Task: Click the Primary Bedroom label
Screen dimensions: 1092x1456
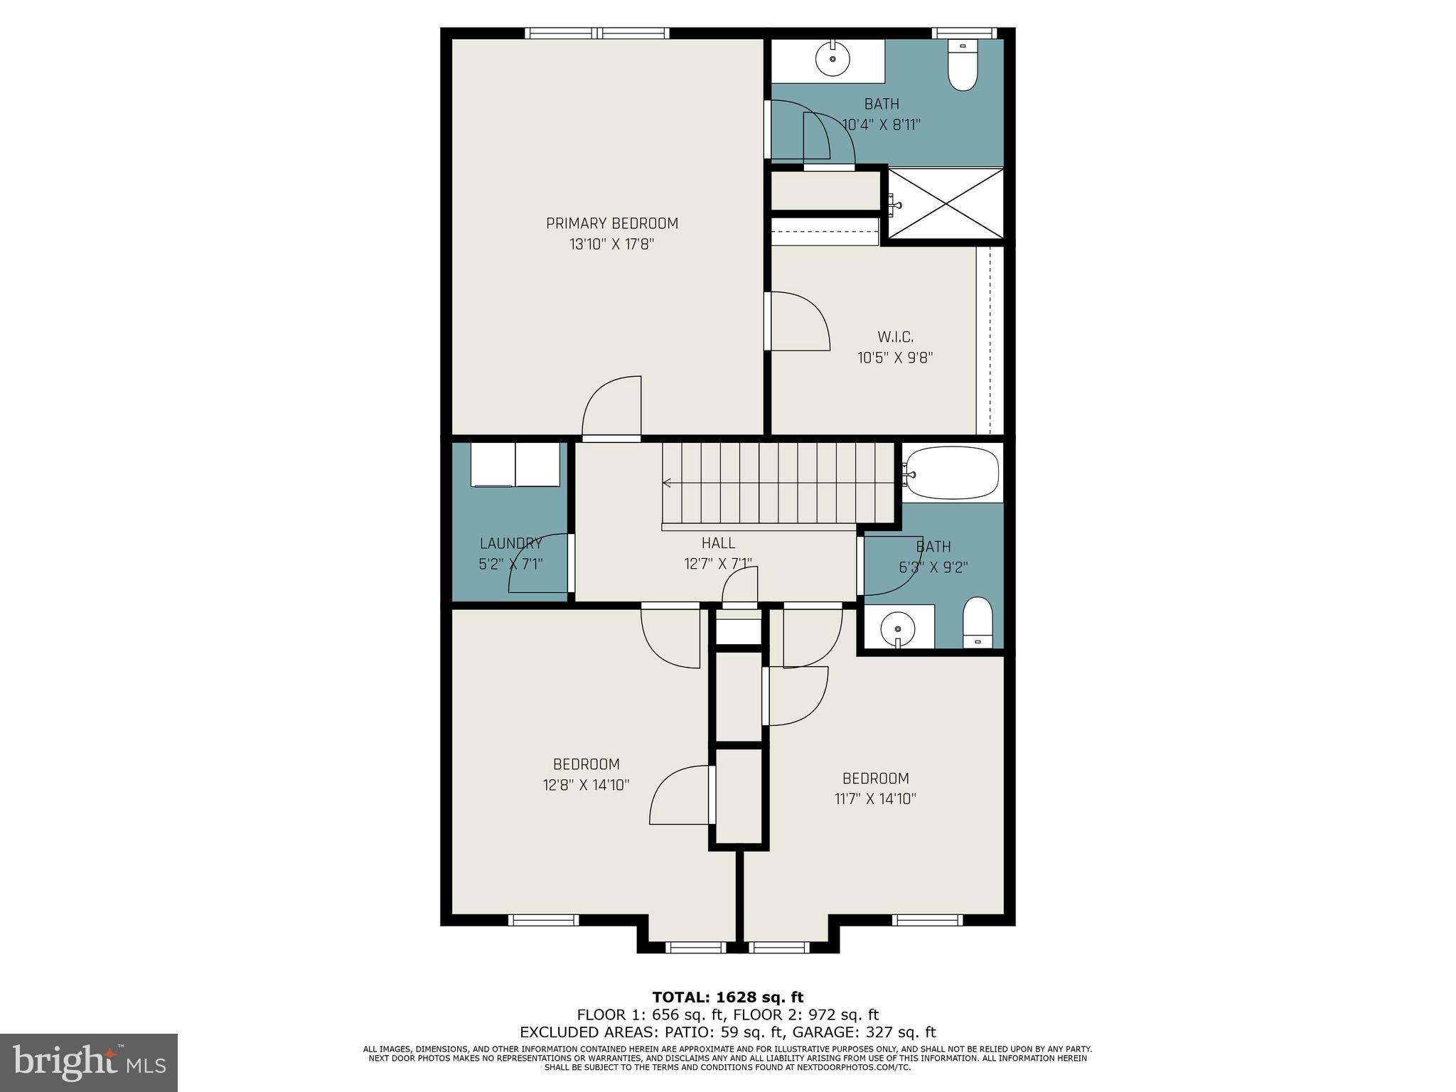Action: click(x=611, y=223)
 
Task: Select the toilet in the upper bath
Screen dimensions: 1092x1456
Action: click(x=963, y=67)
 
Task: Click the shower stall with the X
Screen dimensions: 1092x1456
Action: click(x=946, y=203)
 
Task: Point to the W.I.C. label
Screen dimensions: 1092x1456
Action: click(x=895, y=337)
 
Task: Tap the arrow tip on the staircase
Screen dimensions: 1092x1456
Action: click(x=665, y=483)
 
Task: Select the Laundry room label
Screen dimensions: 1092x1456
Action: click(x=510, y=544)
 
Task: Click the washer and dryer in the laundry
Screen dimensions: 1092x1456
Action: click(x=515, y=465)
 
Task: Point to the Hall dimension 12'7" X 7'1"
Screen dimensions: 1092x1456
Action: click(x=718, y=564)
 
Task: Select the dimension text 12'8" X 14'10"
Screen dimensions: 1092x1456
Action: click(x=585, y=785)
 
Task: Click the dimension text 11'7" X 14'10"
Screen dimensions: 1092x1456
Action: click(x=875, y=798)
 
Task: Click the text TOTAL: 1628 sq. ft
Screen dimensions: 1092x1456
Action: click(x=727, y=997)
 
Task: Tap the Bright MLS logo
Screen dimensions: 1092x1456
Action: click(x=89, y=1062)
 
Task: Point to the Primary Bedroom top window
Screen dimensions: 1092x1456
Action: click(x=597, y=33)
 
